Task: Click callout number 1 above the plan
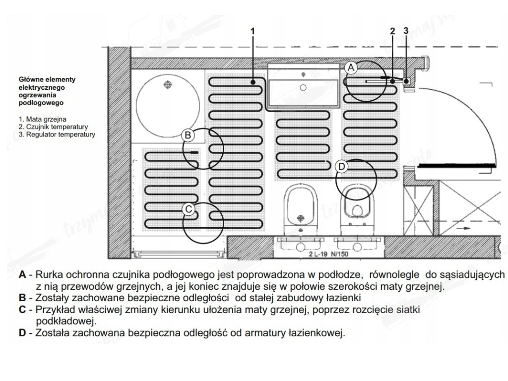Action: point(253,31)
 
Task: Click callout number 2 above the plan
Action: point(392,31)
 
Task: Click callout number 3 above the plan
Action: point(406,31)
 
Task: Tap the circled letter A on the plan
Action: point(351,66)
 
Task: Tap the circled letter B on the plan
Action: point(188,134)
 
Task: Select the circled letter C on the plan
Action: point(188,209)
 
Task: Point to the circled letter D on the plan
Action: point(341,167)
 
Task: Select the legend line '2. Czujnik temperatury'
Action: point(53,127)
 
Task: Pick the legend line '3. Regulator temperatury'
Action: point(57,134)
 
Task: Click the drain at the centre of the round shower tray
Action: point(168,85)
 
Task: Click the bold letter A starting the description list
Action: point(22,274)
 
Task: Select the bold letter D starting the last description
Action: point(22,333)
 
